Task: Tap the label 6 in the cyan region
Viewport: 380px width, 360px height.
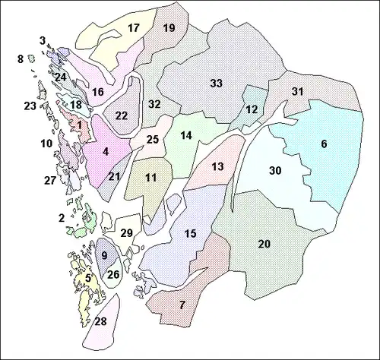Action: click(324, 144)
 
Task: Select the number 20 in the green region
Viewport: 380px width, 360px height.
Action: click(264, 244)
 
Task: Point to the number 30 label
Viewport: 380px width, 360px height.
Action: click(275, 171)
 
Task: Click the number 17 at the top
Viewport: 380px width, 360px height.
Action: click(134, 28)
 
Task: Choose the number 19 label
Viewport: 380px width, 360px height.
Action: click(169, 28)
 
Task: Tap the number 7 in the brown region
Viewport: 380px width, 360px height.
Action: click(182, 305)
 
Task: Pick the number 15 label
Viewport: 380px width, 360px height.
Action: click(191, 233)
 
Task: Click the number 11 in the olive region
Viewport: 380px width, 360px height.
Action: click(151, 178)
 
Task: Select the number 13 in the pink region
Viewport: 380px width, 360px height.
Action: click(218, 166)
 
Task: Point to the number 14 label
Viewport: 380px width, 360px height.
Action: click(186, 135)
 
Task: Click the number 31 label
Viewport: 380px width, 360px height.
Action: click(298, 92)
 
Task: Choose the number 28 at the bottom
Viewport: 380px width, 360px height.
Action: click(100, 323)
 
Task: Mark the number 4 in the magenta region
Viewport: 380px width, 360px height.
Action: click(106, 151)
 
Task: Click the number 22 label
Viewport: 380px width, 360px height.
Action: click(122, 115)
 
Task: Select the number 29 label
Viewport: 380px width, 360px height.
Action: click(127, 232)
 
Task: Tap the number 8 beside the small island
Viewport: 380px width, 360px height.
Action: click(21, 58)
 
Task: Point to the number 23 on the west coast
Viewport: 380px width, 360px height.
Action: click(30, 106)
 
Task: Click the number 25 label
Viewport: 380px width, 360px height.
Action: click(152, 139)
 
